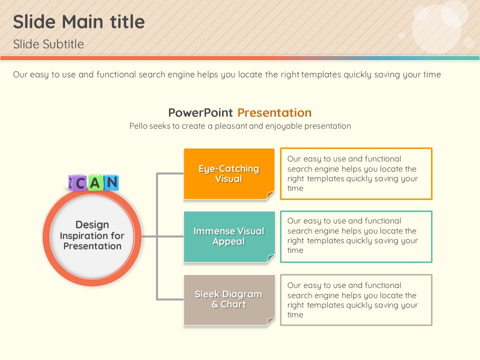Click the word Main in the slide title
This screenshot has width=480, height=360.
click(x=82, y=22)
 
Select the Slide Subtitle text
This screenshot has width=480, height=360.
click(x=48, y=44)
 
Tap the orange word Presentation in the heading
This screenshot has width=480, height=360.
click(x=274, y=112)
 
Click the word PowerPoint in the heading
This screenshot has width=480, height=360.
click(x=200, y=112)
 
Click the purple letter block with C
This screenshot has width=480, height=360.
click(x=78, y=183)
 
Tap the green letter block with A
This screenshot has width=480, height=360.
click(x=95, y=183)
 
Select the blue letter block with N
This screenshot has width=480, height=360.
click(x=111, y=182)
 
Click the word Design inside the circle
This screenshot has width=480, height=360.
click(x=92, y=224)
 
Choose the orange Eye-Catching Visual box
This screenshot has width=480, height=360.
click(x=229, y=174)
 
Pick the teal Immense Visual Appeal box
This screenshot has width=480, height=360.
click(x=229, y=236)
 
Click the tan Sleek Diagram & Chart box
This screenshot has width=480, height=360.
click(x=229, y=300)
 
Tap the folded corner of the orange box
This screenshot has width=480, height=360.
click(x=270, y=195)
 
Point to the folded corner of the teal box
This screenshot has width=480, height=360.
click(x=270, y=258)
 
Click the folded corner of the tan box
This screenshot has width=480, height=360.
click(x=270, y=321)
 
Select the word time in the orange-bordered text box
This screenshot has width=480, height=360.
click(x=295, y=188)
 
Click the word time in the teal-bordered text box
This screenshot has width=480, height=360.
click(x=295, y=250)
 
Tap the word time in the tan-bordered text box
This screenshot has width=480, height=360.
click(x=295, y=314)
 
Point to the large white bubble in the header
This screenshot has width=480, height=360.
click(x=436, y=28)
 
